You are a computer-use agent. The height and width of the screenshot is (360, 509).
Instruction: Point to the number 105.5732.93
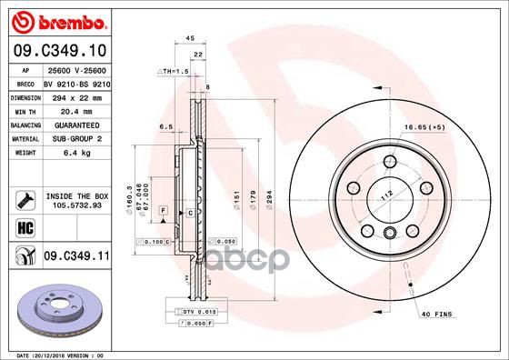(76, 205)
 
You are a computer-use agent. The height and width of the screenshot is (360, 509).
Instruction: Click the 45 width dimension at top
(190, 38)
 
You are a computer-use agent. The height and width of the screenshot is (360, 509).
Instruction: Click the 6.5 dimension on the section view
(166, 127)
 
